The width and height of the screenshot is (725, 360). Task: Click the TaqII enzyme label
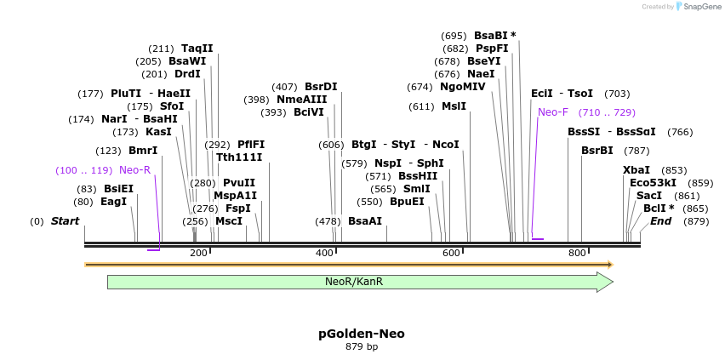pyautogui.click(x=197, y=49)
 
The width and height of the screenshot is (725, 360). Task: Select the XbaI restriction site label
pyautogui.click(x=637, y=170)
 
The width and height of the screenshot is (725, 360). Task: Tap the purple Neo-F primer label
pyautogui.click(x=552, y=112)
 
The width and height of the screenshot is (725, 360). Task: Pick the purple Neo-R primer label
pyautogui.click(x=134, y=170)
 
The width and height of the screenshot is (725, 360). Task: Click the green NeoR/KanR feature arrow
pyautogui.click(x=357, y=282)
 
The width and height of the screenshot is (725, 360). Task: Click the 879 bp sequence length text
pyautogui.click(x=362, y=347)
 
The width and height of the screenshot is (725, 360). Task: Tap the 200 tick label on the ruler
pyautogui.click(x=198, y=253)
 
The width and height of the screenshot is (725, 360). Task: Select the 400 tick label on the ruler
pyautogui.click(x=325, y=253)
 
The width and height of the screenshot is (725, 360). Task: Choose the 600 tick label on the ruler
pyautogui.click(x=451, y=253)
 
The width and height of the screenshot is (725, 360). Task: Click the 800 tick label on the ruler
pyautogui.click(x=577, y=253)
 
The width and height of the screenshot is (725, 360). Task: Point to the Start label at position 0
pyautogui.click(x=65, y=221)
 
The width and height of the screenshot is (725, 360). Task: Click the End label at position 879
pyautogui.click(x=660, y=221)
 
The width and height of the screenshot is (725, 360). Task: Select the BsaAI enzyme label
pyautogui.click(x=365, y=221)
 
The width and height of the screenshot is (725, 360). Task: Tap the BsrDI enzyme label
pyautogui.click(x=321, y=87)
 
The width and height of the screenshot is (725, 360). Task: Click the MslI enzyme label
pyautogui.click(x=454, y=106)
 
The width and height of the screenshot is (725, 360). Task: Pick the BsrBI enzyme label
pyautogui.click(x=597, y=151)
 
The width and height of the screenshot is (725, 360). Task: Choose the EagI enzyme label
pyautogui.click(x=113, y=202)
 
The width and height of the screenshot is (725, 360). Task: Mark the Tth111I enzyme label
pyautogui.click(x=239, y=157)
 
